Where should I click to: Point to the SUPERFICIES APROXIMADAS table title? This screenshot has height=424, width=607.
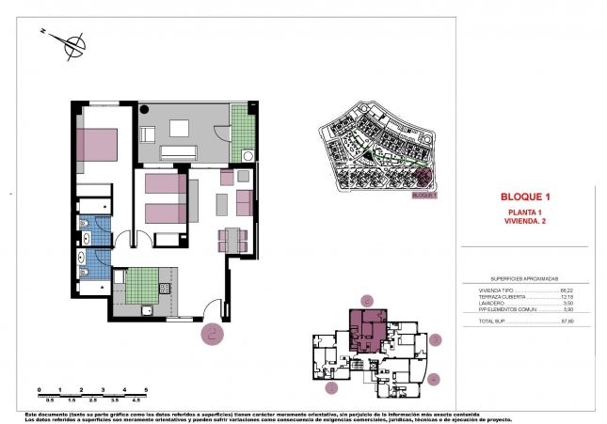pos(525,279)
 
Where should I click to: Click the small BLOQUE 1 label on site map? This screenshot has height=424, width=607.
pos(424,196)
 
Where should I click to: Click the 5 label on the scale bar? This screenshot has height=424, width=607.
pos(147,388)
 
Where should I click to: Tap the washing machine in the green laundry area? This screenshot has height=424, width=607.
pos(247,156)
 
